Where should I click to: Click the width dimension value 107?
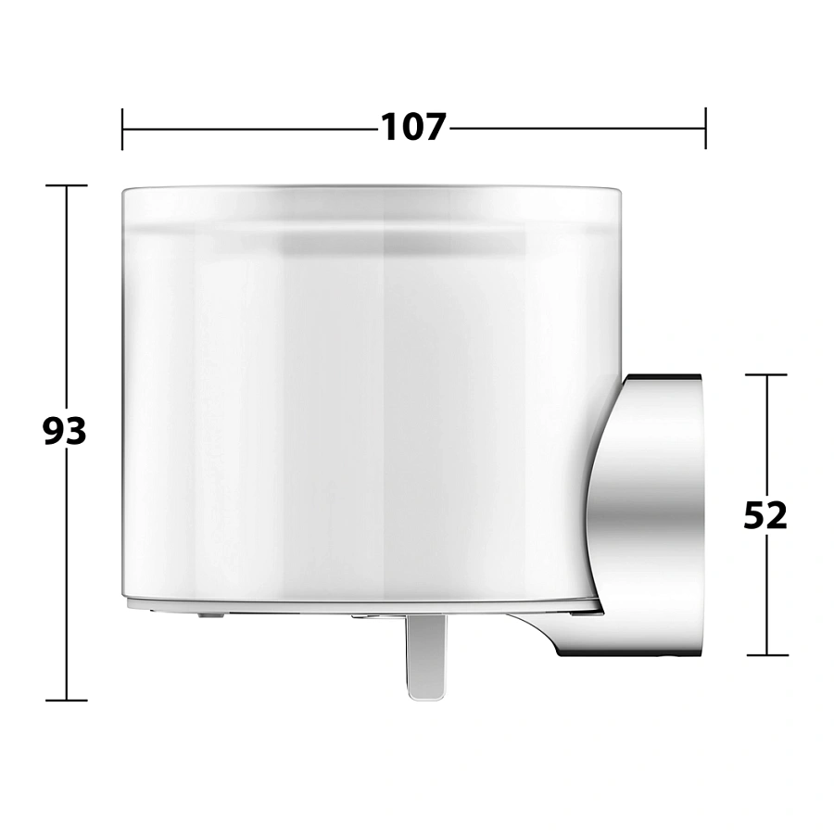(x=413, y=128)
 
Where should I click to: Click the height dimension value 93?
(x=64, y=431)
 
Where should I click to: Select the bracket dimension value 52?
(x=764, y=515)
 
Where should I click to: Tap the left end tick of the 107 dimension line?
(x=122, y=129)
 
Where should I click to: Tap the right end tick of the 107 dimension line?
(x=705, y=128)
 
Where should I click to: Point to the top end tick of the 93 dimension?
(x=67, y=185)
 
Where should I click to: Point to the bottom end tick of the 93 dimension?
(x=67, y=700)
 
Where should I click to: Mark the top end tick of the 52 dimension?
(x=766, y=375)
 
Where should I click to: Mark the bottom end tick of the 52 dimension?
(x=767, y=655)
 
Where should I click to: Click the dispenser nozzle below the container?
(x=426, y=657)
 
